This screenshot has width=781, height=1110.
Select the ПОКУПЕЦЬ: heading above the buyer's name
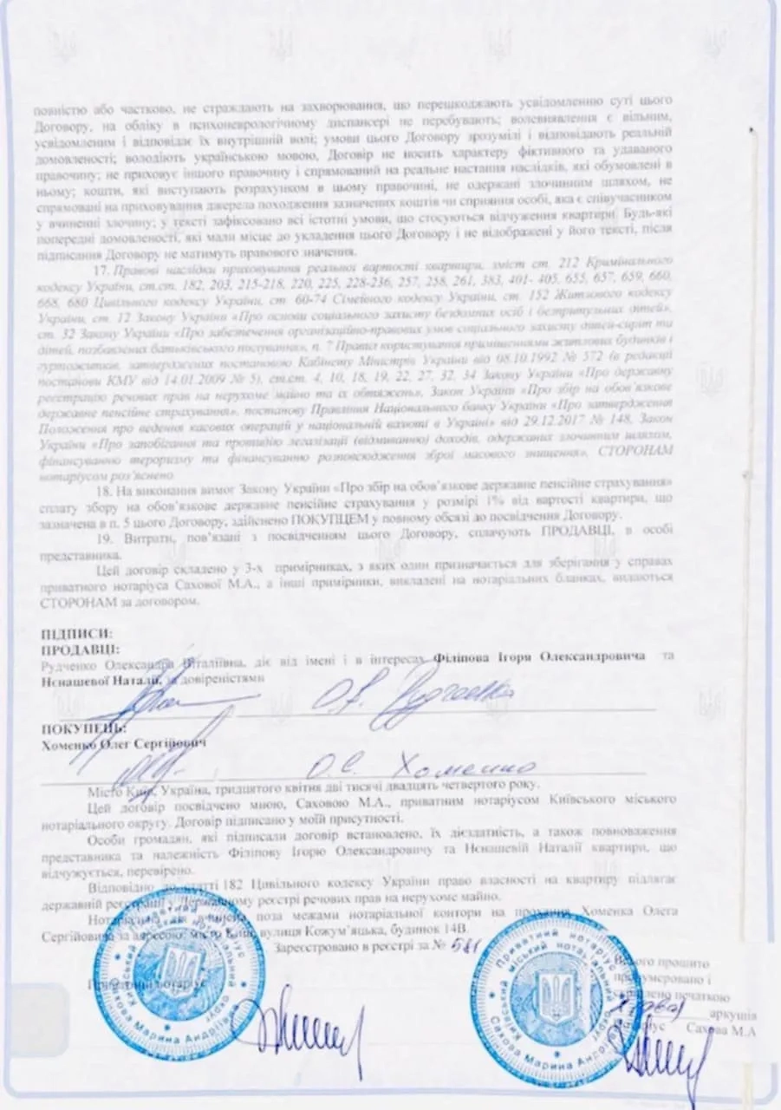(x=76, y=730)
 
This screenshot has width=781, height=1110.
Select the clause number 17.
(x=102, y=267)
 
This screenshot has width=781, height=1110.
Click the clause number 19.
(x=102, y=540)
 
